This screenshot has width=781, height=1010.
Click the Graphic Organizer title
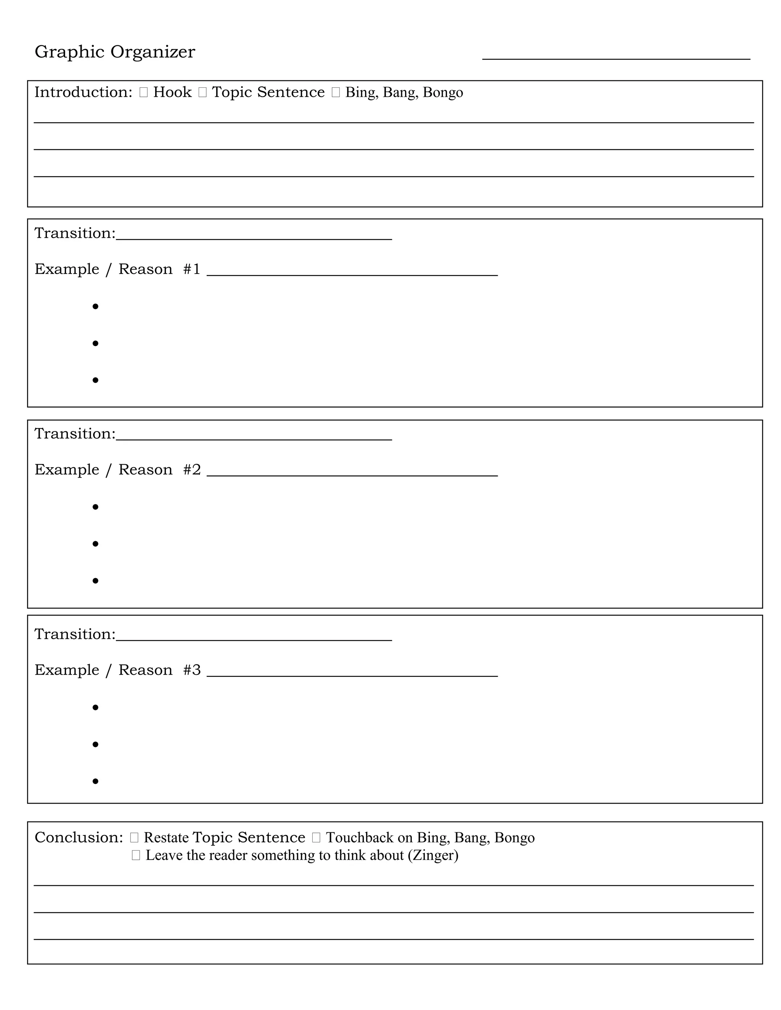[x=115, y=52]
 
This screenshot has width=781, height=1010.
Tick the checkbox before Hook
[x=143, y=93]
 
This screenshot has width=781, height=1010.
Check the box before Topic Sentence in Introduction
[x=202, y=93]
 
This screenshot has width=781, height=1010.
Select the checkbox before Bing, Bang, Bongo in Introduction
[x=336, y=93]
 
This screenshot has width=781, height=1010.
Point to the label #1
[x=191, y=269]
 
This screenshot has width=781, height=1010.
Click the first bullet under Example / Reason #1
[x=95, y=306]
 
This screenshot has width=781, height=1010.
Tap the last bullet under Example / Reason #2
[x=95, y=580]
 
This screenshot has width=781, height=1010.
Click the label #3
[x=191, y=670]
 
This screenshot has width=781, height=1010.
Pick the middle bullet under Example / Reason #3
[x=95, y=744]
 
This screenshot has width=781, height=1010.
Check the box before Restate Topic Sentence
[x=134, y=837]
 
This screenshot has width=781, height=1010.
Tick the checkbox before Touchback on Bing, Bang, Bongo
[x=316, y=837]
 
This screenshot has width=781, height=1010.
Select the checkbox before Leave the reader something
[x=135, y=855]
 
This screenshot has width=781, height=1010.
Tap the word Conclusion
[x=79, y=837]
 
